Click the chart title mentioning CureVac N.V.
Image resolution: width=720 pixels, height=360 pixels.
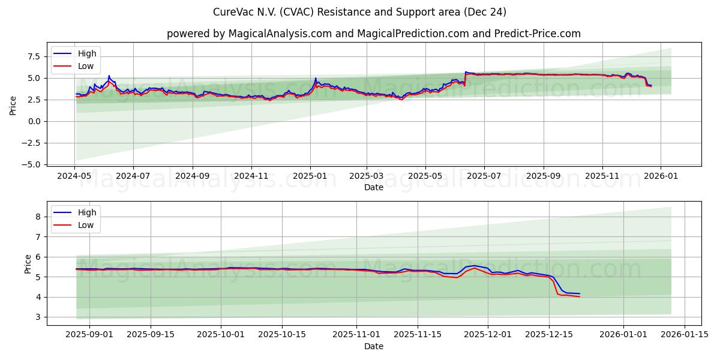(359, 12)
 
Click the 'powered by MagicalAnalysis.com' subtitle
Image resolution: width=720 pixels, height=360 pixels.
(373, 34)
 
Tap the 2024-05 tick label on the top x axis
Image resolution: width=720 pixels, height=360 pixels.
(74, 176)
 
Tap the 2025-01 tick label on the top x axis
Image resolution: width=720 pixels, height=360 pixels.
(310, 176)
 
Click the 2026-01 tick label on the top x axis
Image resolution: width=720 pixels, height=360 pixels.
(661, 176)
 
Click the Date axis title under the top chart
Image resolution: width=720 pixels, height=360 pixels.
(373, 187)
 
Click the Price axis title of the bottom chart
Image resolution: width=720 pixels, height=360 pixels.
(28, 263)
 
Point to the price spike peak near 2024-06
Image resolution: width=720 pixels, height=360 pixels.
(109, 76)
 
